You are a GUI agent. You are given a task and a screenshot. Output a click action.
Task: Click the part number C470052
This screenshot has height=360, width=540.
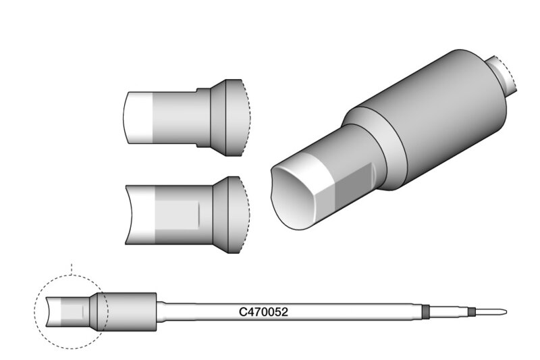point(263,312)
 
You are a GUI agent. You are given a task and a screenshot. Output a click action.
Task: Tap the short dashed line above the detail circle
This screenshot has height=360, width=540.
point(72,269)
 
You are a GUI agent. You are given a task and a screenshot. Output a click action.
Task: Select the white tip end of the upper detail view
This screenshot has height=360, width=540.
point(138,118)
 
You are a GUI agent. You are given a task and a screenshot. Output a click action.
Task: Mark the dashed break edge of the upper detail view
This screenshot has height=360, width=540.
point(246,117)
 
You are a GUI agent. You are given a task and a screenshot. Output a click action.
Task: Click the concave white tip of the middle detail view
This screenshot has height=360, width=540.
point(140,215)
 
